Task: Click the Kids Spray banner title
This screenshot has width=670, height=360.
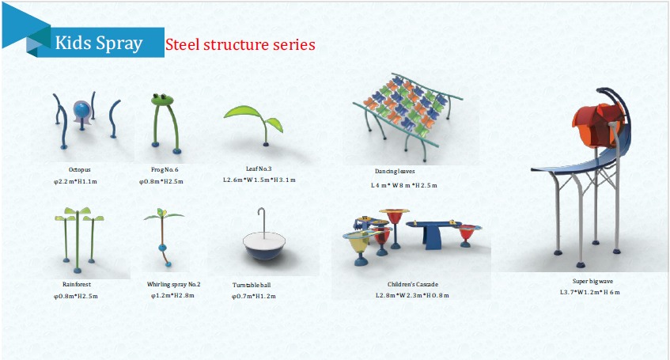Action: (99, 44)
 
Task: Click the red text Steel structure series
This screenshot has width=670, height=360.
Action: (240, 44)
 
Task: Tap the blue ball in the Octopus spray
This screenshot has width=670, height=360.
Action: (82, 111)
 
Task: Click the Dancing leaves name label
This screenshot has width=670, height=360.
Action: (395, 171)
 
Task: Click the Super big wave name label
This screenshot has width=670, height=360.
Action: (592, 281)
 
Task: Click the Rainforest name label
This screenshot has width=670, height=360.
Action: (77, 284)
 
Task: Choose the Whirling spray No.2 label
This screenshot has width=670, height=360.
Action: (173, 284)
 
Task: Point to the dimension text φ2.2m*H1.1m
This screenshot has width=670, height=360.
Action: (75, 181)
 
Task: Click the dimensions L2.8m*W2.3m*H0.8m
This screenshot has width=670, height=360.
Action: (412, 295)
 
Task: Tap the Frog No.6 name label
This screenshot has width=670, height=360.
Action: (165, 170)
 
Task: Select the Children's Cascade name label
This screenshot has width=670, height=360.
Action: (413, 284)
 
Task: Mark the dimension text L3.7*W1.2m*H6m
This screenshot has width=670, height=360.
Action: (589, 293)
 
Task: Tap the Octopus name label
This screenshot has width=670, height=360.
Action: (79, 170)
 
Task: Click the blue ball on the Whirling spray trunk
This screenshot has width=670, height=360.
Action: (162, 247)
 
